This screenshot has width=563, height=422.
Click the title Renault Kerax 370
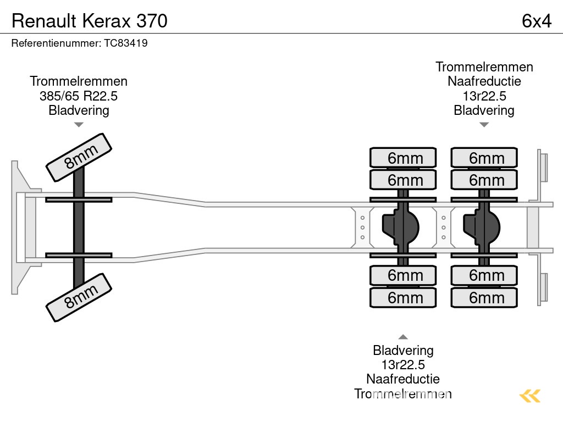pos(90,21)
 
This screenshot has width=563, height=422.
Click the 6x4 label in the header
pos(536,21)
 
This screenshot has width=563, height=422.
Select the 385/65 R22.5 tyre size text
pos(79,96)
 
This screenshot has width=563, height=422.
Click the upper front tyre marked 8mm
pos(78,157)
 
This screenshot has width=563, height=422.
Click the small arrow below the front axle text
pos(79,125)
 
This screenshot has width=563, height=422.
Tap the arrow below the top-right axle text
pos(484,125)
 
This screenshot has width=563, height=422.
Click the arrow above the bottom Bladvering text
pos(403,337)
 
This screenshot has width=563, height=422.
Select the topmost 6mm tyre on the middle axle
pos(403,158)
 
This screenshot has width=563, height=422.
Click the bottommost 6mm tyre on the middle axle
pos(403,298)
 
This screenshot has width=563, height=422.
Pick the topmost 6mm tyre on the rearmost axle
pos(484,158)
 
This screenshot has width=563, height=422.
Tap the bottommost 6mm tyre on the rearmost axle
pos(484,298)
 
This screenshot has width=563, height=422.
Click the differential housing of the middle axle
pos(401,227)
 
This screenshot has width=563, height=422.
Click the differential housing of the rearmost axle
pos(482,227)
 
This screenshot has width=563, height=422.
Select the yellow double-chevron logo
pos(530,396)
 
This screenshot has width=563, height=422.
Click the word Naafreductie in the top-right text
pos(484,81)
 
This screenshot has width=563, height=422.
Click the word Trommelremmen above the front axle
pos(79,81)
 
